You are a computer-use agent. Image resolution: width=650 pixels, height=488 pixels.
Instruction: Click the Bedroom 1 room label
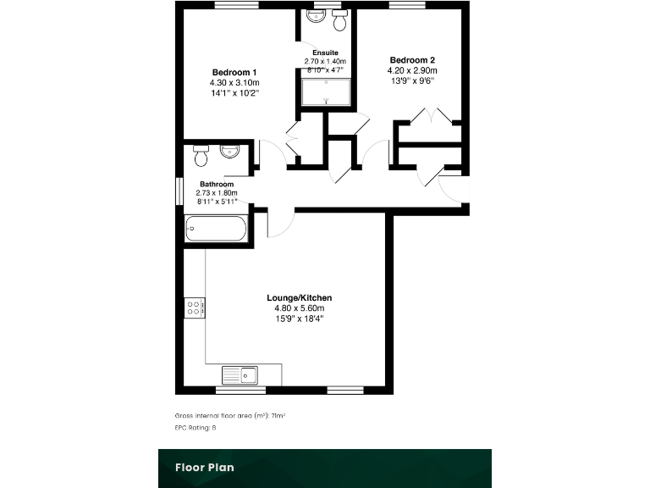235,71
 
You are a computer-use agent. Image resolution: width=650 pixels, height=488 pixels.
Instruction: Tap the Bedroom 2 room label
412,59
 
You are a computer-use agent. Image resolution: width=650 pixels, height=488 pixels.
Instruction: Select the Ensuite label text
325,53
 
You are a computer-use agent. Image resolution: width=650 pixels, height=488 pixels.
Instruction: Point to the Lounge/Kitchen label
299,297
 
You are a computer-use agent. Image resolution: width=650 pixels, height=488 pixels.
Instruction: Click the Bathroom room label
217,184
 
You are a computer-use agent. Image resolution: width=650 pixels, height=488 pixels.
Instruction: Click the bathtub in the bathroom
216,229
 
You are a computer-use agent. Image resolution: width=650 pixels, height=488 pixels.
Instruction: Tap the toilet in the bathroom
201,156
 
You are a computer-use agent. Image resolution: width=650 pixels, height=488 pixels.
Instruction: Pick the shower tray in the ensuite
326,93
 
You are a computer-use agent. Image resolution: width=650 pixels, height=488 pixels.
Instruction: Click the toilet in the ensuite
340,20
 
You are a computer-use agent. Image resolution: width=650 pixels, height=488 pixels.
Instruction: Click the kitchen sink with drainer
240,374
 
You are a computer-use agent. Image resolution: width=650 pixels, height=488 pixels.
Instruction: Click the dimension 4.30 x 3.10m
234,82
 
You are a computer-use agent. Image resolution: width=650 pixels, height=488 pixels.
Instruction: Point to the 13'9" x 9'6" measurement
412,81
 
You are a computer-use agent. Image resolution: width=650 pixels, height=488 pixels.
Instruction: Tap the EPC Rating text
196,428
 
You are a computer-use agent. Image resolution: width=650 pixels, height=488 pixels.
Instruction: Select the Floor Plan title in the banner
204,467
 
